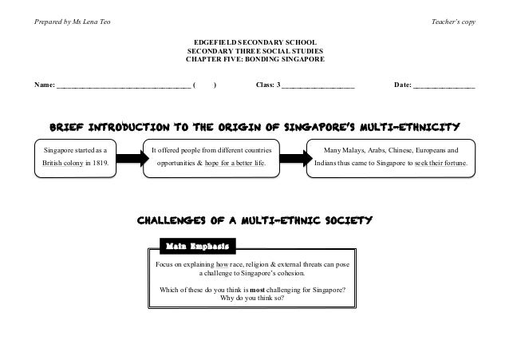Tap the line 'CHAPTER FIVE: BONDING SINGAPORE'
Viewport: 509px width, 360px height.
tap(254, 59)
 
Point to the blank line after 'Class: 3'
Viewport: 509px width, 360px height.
tap(318, 85)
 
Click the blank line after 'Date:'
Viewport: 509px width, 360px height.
tap(444, 85)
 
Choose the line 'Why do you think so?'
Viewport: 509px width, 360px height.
tap(254, 300)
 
